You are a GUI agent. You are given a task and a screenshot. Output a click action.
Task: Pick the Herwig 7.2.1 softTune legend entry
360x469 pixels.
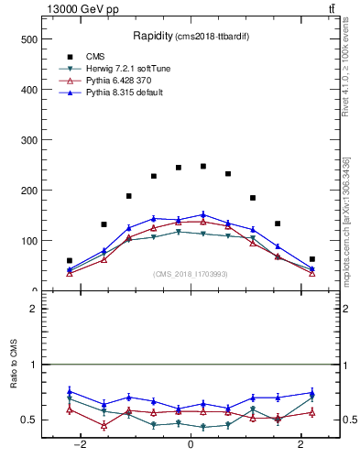coord(124,68)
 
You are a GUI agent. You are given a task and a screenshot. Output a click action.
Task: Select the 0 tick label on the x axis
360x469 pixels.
coord(191,444)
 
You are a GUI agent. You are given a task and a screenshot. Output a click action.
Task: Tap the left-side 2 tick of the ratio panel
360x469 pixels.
coord(34,309)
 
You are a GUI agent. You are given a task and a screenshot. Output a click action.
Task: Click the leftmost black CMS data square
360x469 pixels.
coord(70,260)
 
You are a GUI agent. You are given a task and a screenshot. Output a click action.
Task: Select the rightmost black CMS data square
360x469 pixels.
coord(311,259)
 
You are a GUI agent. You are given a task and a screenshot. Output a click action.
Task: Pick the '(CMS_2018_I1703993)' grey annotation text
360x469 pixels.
coord(190,273)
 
